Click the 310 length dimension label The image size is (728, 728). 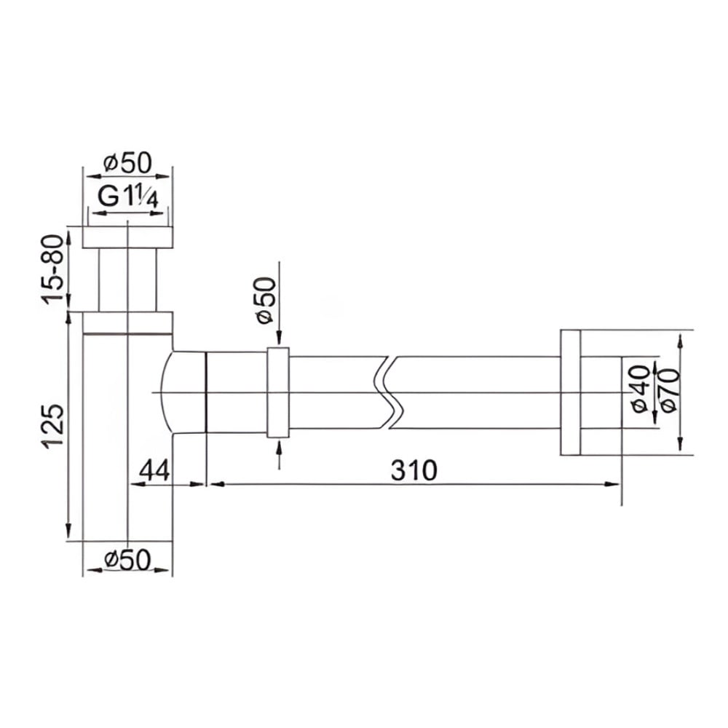(x=414, y=470)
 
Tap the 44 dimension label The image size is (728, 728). (x=155, y=470)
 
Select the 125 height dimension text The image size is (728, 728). (x=53, y=426)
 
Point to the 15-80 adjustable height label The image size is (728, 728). (x=52, y=269)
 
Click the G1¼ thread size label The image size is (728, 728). (x=128, y=197)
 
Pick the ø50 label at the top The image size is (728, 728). (x=128, y=162)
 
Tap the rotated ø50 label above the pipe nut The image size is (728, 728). (x=266, y=301)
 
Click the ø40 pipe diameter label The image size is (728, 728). (x=641, y=389)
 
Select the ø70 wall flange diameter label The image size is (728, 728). (x=670, y=389)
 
